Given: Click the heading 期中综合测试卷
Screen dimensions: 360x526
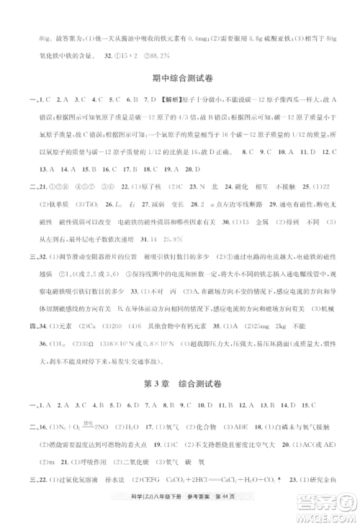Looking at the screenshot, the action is click(179, 79).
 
